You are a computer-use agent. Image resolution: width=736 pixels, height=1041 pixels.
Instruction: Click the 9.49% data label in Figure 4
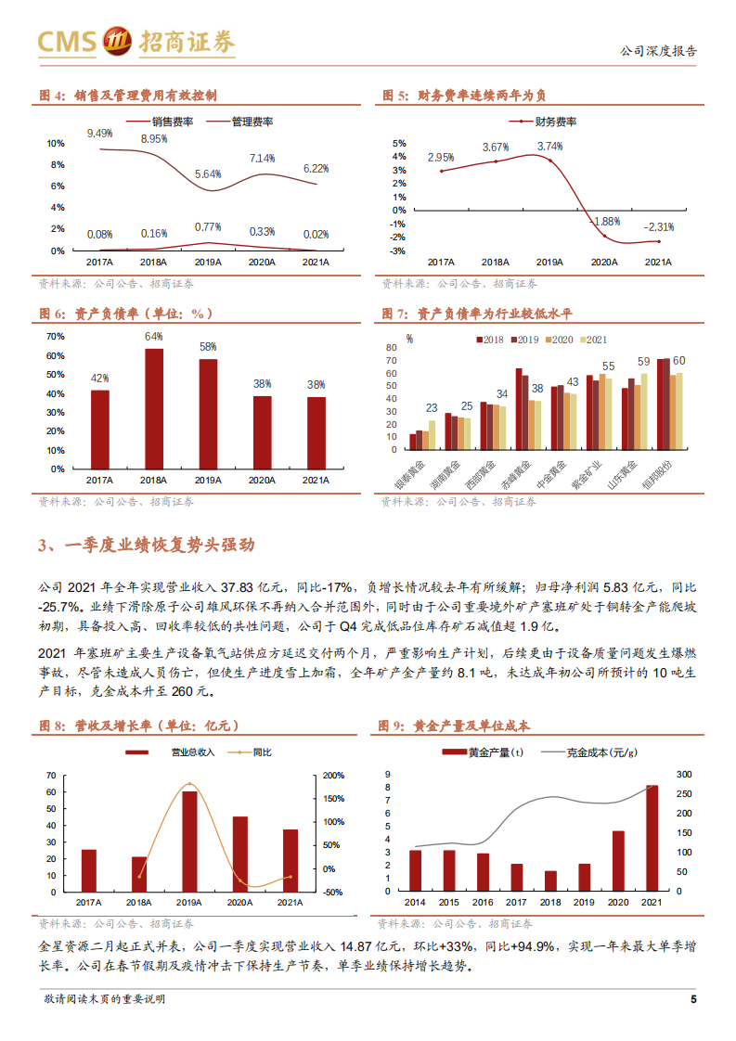100,134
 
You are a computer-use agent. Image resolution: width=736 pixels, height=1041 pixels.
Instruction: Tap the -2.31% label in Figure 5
658,226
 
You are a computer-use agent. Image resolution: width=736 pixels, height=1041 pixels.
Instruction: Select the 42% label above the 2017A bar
100,378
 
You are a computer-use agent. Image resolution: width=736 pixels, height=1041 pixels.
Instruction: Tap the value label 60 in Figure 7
678,360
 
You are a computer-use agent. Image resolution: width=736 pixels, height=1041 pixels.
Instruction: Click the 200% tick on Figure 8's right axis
333,775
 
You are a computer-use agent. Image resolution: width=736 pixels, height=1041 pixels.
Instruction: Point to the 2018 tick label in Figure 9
550,902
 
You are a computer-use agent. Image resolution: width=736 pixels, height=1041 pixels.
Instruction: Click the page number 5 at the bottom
692,998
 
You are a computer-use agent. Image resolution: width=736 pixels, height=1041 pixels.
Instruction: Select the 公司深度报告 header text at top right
658,52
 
